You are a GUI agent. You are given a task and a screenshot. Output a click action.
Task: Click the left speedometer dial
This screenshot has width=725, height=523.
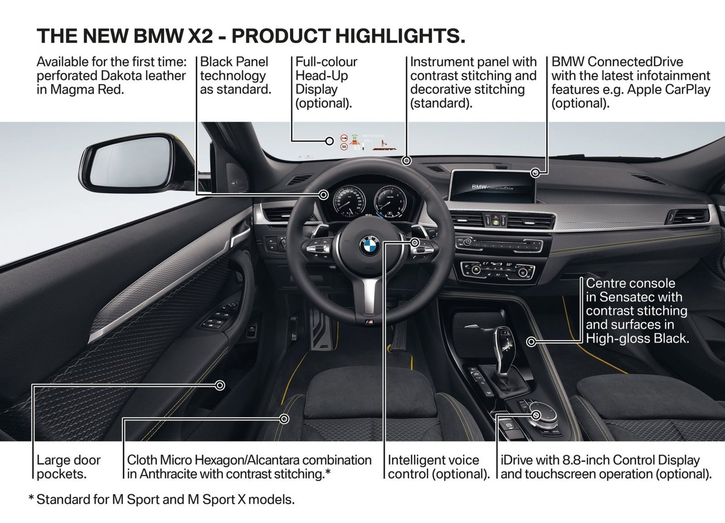[x=348, y=200]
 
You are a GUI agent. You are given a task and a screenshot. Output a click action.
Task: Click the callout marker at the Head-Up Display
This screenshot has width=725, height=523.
[x=329, y=141]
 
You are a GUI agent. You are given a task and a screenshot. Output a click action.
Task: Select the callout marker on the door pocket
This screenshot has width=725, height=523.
[x=220, y=385]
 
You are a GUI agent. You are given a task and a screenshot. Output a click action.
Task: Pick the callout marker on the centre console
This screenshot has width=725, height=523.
[x=531, y=342]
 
